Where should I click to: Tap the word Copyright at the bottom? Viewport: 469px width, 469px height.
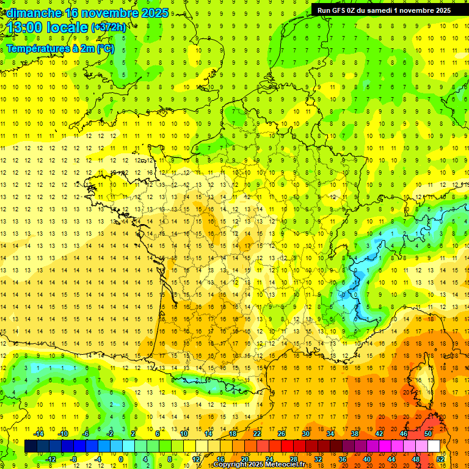[230, 465]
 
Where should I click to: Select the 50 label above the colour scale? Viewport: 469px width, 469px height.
[428, 434]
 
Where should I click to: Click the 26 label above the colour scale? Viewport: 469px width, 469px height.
[282, 434]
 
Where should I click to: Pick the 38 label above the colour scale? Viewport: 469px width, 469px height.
[355, 434]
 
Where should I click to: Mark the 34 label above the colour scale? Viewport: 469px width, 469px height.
[330, 434]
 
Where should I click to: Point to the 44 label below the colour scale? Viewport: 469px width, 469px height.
[391, 459]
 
